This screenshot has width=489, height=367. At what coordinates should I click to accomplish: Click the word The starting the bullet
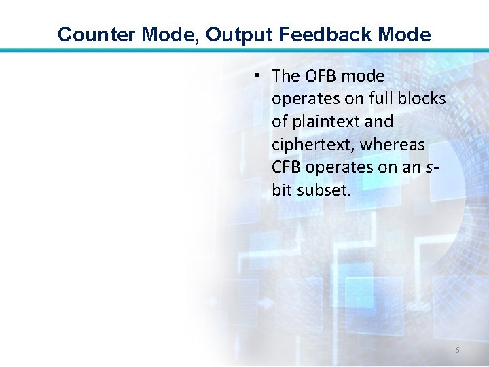286,76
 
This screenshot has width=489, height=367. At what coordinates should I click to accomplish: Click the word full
384,99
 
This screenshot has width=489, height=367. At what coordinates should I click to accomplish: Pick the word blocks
424,99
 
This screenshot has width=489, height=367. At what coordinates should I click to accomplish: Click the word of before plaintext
280,122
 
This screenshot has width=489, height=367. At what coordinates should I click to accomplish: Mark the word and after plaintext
379,122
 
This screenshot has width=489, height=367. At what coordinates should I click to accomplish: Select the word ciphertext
312,145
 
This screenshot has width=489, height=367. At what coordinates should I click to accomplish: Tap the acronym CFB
287,167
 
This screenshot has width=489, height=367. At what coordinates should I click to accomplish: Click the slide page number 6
457,350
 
